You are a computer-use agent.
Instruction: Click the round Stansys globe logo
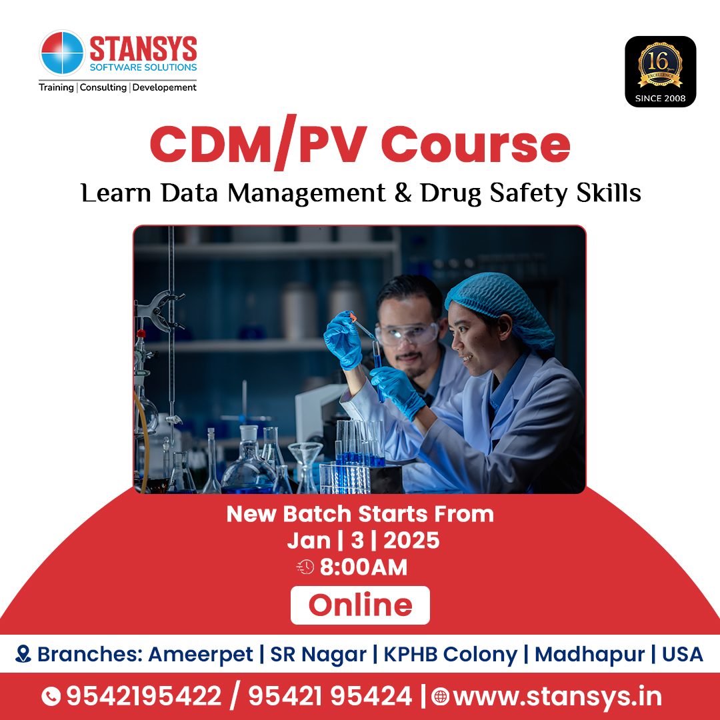[x=62, y=53]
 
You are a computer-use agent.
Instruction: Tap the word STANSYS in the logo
[x=143, y=49]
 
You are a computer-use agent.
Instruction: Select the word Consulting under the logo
[x=103, y=87]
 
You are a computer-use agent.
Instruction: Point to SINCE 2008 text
[x=660, y=99]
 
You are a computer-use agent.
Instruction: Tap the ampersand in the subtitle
[x=402, y=193]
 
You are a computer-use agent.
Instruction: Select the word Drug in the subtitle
[x=451, y=193]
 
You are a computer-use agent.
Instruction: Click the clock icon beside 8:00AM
[x=305, y=567]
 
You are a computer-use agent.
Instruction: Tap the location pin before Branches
[x=23, y=654]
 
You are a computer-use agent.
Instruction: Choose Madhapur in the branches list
[x=589, y=654]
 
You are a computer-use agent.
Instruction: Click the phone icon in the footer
[x=51, y=697]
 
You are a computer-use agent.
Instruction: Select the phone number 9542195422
[x=143, y=697]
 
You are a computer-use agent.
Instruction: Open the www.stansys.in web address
[x=557, y=697]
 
